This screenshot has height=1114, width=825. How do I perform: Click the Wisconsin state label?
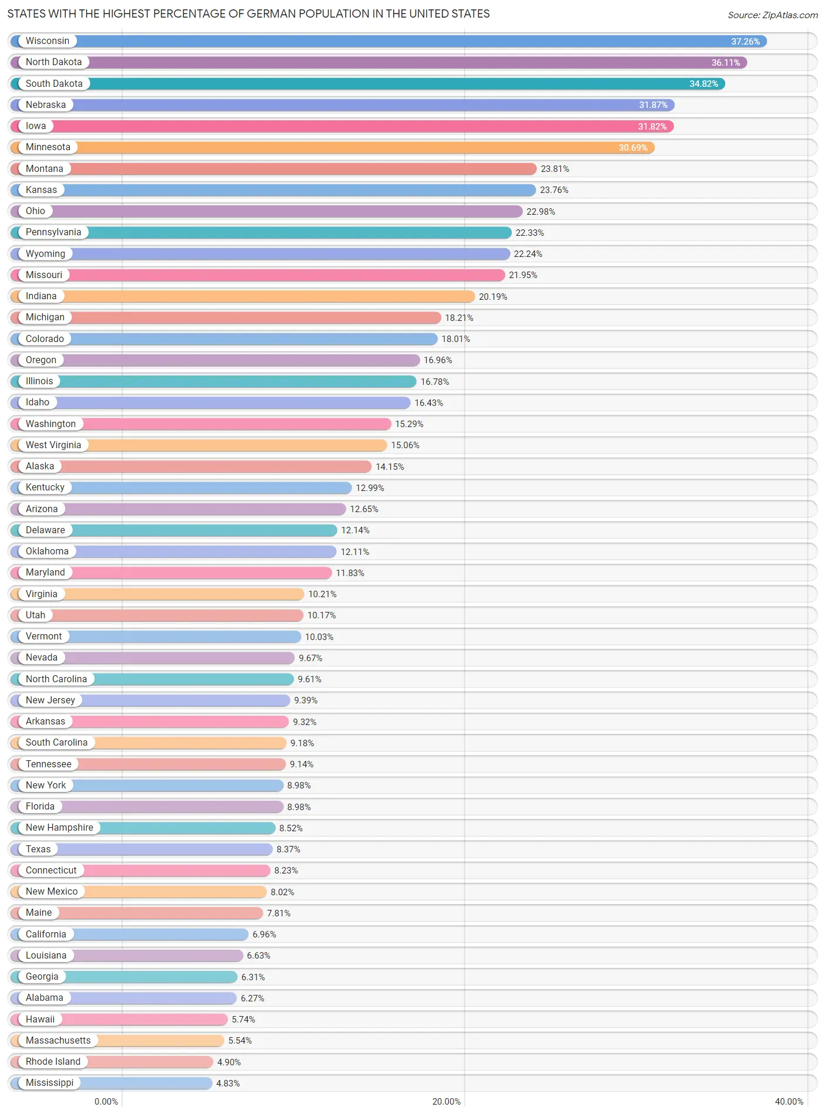pos(47,41)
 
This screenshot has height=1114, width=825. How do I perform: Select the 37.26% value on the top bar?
pos(745,42)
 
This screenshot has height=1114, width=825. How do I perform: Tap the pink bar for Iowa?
pos(352,126)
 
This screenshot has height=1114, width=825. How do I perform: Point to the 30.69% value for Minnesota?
pos(633,148)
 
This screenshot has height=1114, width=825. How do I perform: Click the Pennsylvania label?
pos(53,232)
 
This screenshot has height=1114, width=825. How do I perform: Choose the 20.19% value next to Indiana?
pos(492,297)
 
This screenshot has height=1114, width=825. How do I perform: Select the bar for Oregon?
pos(235,360)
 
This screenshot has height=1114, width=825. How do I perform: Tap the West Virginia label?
pos(53,445)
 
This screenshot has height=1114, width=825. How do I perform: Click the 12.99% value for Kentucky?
pos(370,488)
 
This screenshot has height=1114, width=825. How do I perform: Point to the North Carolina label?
pos(56,679)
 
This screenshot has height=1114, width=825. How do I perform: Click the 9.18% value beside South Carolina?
pos(302,743)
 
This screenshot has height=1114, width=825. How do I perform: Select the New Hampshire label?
pos(59,828)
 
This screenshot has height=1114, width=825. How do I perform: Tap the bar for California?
pos(158,934)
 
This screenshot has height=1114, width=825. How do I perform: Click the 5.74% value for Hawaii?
pos(243,1020)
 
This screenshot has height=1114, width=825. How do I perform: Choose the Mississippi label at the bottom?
pos(49,1083)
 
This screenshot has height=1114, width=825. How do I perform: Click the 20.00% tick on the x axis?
pos(446,1102)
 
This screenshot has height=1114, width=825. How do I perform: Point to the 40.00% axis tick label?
pos(789,1102)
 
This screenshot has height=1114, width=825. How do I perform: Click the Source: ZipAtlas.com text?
pos(772,15)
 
